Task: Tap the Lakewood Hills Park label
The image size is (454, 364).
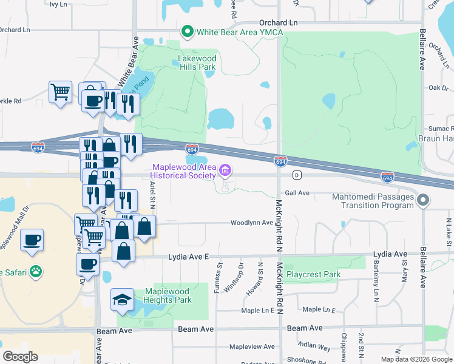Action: coord(196,63)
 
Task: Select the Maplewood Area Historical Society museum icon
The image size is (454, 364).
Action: coord(226,171)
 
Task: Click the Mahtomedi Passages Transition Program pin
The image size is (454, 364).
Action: coord(424,200)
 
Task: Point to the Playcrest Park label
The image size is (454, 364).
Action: coord(314,274)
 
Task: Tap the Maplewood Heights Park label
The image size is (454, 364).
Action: coord(168,295)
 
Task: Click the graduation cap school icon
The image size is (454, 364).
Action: coord(122,299)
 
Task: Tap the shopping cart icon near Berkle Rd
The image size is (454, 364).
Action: coord(60,92)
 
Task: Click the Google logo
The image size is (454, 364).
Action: coord(20,356)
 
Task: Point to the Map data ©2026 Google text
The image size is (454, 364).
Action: coord(416,359)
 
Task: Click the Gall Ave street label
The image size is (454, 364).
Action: coord(297,193)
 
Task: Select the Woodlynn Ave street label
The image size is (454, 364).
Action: coord(251,223)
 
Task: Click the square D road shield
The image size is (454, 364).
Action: coord(297,175)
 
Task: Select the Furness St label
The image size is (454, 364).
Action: coord(217,277)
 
